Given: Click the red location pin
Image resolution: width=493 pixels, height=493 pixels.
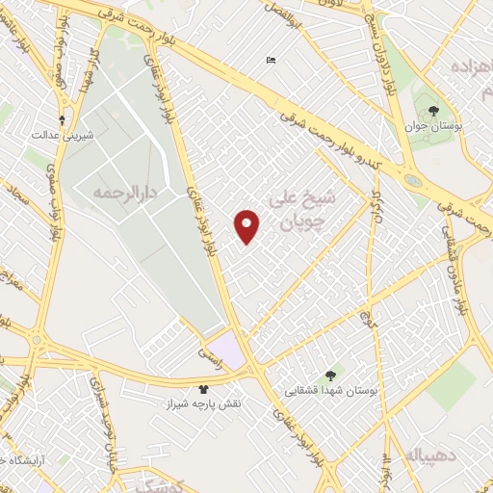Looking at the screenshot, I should pos(247,225).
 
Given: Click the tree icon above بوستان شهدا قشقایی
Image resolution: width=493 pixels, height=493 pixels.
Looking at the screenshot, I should pos(331,376).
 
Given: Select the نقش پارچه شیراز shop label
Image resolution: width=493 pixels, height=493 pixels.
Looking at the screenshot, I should pos(204,405).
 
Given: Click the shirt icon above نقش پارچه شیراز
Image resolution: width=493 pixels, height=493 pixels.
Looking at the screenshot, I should pos(204,390).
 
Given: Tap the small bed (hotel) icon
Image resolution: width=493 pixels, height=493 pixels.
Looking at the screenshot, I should pos(272,61).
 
